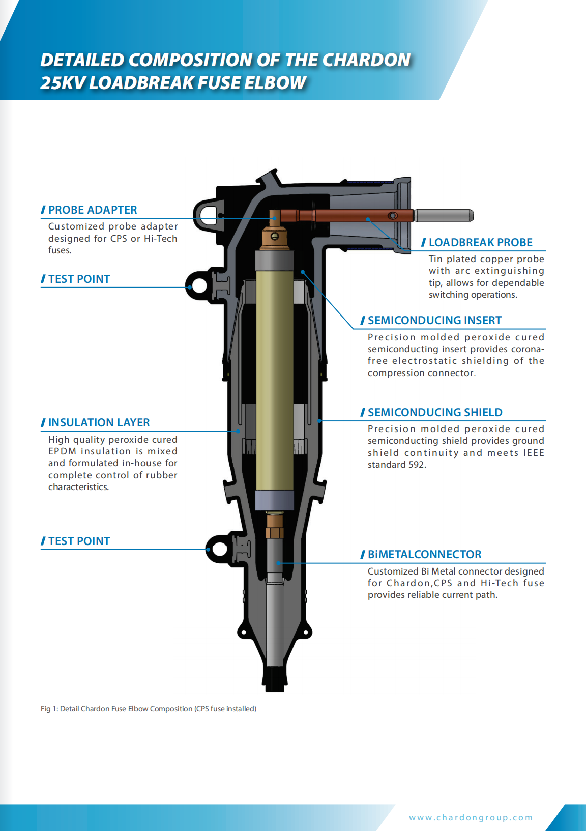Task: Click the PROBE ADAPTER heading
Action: (x=92, y=210)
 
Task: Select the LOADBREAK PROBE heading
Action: (x=480, y=242)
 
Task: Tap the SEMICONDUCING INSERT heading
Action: (x=434, y=320)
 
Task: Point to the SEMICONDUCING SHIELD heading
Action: (x=434, y=412)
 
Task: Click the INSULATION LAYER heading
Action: (x=99, y=422)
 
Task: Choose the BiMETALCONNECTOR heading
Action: (x=424, y=554)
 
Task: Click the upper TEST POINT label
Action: (x=79, y=279)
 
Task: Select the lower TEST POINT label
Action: (x=79, y=541)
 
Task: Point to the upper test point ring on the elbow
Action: (x=198, y=285)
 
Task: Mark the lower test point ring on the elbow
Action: (x=220, y=549)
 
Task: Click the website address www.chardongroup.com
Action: (x=471, y=817)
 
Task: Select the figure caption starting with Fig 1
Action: (x=149, y=708)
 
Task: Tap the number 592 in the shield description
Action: (x=417, y=465)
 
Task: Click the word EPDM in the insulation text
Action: (x=62, y=451)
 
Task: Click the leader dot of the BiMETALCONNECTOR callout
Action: (x=278, y=563)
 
